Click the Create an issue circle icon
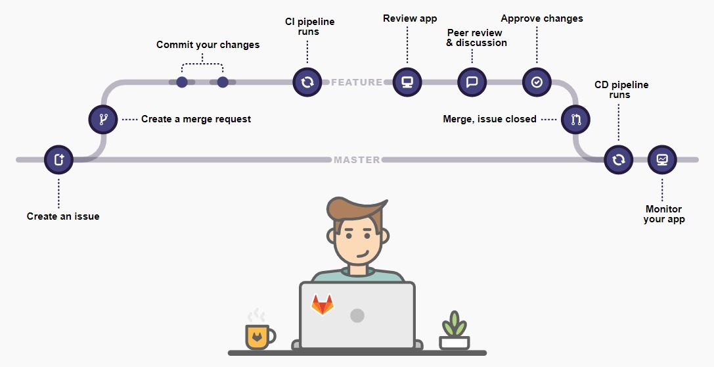[x=58, y=159]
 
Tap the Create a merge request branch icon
[x=103, y=120]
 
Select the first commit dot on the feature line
[x=182, y=82]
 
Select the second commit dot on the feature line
[x=223, y=82]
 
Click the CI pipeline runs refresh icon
[x=307, y=82]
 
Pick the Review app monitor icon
[x=407, y=82]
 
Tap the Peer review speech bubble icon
[x=472, y=82]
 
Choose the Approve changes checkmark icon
[x=537, y=82]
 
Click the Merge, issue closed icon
[x=575, y=120]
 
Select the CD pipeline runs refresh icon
[x=618, y=159]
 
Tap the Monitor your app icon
[x=661, y=159]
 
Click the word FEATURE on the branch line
[x=357, y=82]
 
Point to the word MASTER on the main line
[x=357, y=160]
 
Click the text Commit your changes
[x=208, y=45]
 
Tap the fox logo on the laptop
[x=322, y=305]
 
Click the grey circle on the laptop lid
[x=357, y=315]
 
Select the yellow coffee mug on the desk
[x=258, y=336]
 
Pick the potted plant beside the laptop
[x=454, y=332]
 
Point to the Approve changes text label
[x=542, y=18]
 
